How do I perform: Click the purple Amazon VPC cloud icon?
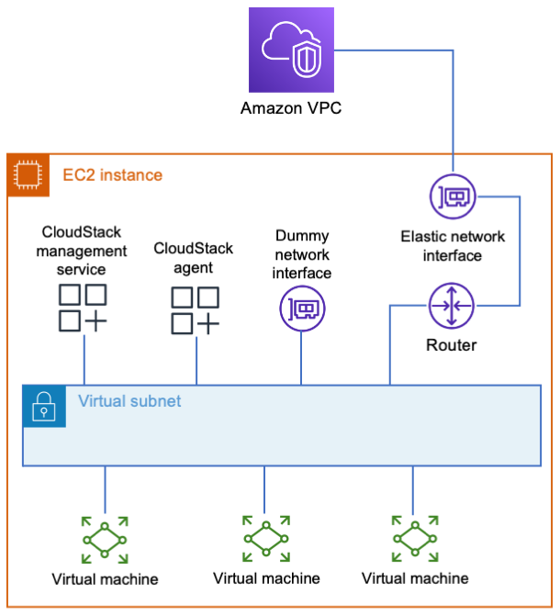pyautogui.click(x=291, y=50)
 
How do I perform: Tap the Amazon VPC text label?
pyautogui.click(x=291, y=108)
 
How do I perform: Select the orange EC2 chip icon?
pyautogui.click(x=28, y=175)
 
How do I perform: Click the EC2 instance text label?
pyautogui.click(x=113, y=175)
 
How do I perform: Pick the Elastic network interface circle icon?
pyautogui.click(x=453, y=196)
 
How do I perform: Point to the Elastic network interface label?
pyautogui.click(x=453, y=246)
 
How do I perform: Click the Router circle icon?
pyautogui.click(x=452, y=306)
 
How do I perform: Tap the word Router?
pyautogui.click(x=452, y=345)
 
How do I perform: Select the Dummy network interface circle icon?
pyautogui.click(x=302, y=308)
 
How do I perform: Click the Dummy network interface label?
pyautogui.click(x=302, y=254)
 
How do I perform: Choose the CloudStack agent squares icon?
pyautogui.click(x=196, y=310)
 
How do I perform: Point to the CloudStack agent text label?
pyautogui.click(x=194, y=258)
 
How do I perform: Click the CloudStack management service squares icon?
pyautogui.click(x=83, y=308)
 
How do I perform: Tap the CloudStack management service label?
pyautogui.click(x=82, y=251)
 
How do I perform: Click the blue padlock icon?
pyautogui.click(x=44, y=406)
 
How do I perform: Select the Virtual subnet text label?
pyautogui.click(x=129, y=401)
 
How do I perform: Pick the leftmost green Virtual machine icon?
pyautogui.click(x=105, y=540)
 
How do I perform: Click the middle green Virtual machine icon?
pyautogui.click(x=266, y=539)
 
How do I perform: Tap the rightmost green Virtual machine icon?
pyautogui.click(x=415, y=539)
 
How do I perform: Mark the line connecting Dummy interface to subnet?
pyautogui.click(x=301, y=358)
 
